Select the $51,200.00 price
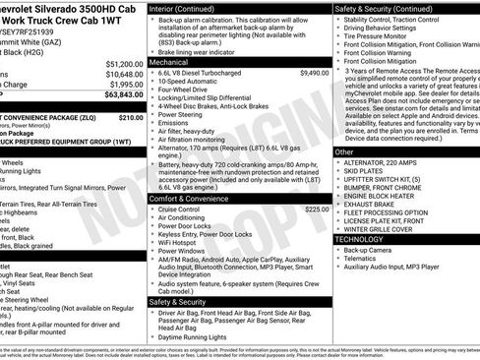pos(120,62)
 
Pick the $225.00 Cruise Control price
pos(316,210)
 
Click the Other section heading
pos(344,152)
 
